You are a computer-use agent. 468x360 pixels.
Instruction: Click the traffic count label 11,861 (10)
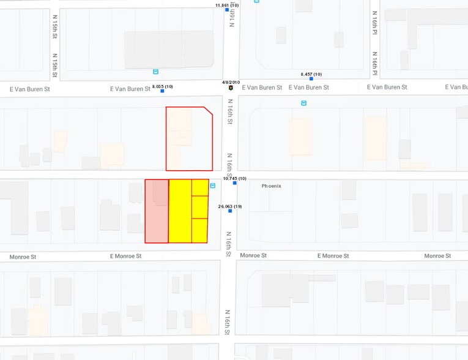(x=226, y=5)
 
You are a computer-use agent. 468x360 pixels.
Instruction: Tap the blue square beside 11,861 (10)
(x=227, y=10)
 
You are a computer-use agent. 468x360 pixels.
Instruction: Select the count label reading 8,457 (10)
(x=311, y=74)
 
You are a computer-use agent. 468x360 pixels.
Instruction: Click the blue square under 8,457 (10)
(x=311, y=79)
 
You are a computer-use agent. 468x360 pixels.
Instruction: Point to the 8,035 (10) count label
(x=162, y=86)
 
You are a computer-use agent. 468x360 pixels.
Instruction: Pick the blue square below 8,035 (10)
(x=162, y=91)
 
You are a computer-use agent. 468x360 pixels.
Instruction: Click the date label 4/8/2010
(x=231, y=82)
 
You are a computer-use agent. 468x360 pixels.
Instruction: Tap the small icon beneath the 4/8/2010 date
(x=231, y=88)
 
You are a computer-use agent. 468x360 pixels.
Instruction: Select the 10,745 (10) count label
(x=234, y=178)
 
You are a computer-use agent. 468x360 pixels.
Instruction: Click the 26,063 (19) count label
(x=230, y=206)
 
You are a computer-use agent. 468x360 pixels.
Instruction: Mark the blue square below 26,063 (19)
(x=230, y=211)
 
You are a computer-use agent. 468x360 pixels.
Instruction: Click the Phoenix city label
(x=271, y=186)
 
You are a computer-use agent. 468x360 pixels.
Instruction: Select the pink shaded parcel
(x=157, y=211)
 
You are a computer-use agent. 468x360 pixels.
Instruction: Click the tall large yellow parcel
(x=180, y=211)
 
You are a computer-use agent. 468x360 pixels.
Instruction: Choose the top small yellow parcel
(x=200, y=187)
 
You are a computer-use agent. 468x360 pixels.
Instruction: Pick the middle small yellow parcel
(x=200, y=207)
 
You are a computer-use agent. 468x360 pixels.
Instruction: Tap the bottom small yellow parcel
(x=200, y=230)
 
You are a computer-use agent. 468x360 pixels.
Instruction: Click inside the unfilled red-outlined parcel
(x=189, y=139)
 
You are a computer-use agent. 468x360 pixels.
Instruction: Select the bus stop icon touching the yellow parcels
(x=213, y=186)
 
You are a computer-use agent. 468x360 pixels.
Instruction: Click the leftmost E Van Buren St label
(x=29, y=89)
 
